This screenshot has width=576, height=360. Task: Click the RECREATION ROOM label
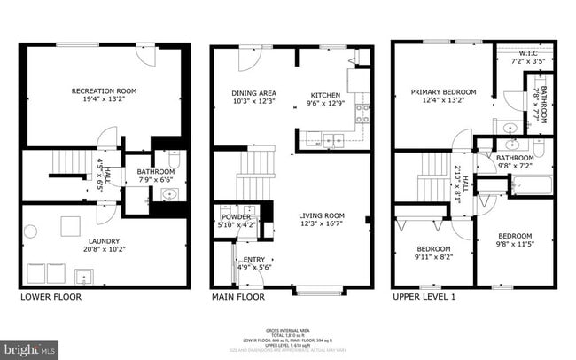coord(104,90)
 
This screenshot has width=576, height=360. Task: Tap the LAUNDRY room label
coord(104,240)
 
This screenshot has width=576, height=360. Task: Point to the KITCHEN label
coord(325,94)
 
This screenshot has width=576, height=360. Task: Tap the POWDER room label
coord(235,216)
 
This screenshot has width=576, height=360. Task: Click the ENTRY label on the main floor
coord(254,260)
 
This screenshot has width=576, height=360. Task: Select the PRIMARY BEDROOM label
coord(442,91)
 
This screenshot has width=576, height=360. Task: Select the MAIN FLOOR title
coord(237,297)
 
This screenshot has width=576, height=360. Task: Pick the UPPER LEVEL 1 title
coord(424,297)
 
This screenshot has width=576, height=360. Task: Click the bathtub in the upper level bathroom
coord(531,185)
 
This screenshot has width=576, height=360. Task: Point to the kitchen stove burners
coord(362,113)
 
